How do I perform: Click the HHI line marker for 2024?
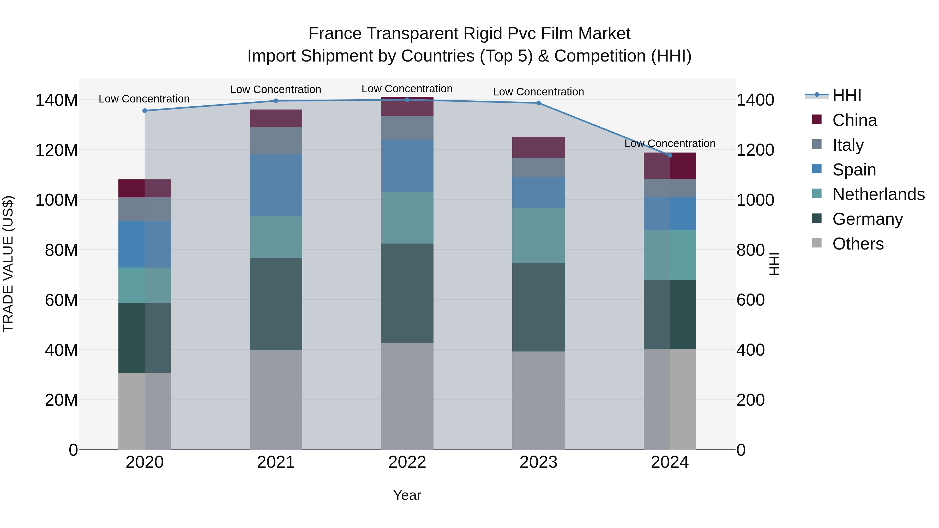pyautogui.click(x=670, y=155)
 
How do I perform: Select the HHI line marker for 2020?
pyautogui.click(x=145, y=110)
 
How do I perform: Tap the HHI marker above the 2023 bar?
pyautogui.click(x=538, y=103)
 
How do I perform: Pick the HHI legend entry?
pyautogui.click(x=846, y=95)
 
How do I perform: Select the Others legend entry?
pyautogui.click(x=858, y=244)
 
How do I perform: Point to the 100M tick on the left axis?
pyautogui.click(x=57, y=200)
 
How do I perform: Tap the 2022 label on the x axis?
pyautogui.click(x=407, y=462)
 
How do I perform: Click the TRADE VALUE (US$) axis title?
pyautogui.click(x=8, y=264)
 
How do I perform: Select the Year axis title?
pyautogui.click(x=407, y=495)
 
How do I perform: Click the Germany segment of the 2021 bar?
pyautogui.click(x=276, y=304)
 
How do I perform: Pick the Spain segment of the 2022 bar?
pyautogui.click(x=407, y=166)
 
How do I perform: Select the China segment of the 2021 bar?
pyautogui.click(x=276, y=118)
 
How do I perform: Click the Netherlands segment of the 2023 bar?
pyautogui.click(x=538, y=235)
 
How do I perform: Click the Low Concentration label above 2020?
pyautogui.click(x=144, y=99)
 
